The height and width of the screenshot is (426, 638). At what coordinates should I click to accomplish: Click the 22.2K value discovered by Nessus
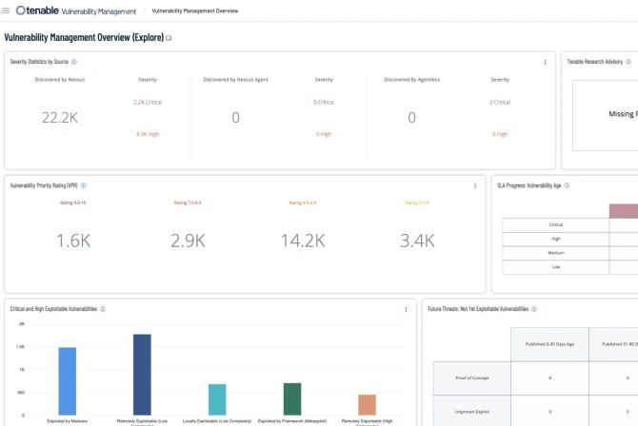point(60,117)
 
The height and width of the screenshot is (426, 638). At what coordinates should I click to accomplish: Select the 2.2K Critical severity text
point(148,102)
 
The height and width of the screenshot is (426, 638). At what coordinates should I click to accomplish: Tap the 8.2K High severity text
point(148,134)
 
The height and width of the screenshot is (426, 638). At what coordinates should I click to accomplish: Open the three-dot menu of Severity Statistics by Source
point(545,62)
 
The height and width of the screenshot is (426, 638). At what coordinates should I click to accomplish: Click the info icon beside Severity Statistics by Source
point(75,61)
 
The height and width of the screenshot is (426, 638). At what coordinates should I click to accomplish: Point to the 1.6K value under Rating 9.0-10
point(73,241)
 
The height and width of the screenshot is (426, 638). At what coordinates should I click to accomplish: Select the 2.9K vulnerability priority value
point(188,241)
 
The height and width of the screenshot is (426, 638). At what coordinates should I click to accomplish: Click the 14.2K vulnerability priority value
point(303,241)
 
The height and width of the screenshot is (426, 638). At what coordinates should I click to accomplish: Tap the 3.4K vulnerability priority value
point(417,241)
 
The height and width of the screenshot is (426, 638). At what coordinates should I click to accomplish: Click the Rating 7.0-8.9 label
point(188,203)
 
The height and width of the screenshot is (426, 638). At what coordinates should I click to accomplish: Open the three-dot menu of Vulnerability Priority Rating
point(475,186)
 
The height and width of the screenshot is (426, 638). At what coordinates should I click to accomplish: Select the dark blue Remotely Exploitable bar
point(142,372)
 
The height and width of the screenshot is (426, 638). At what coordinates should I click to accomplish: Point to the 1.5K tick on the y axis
point(21,347)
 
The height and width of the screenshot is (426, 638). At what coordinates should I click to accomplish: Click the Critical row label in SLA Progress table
point(555,224)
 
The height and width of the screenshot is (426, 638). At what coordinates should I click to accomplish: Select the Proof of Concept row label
point(471,378)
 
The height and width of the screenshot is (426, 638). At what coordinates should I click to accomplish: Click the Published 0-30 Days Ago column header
point(548,343)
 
